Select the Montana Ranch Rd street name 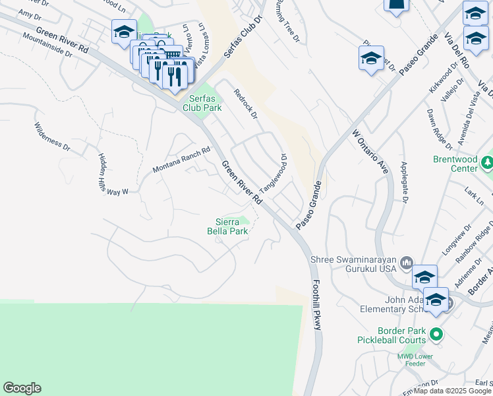(x=181, y=160)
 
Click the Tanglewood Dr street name (x=274, y=174)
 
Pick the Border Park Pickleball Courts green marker (x=435, y=333)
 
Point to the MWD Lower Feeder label (x=415, y=361)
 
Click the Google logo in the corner (x=22, y=388)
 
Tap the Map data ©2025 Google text (x=452, y=391)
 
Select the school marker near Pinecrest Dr (x=371, y=58)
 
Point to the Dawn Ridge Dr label (x=440, y=127)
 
